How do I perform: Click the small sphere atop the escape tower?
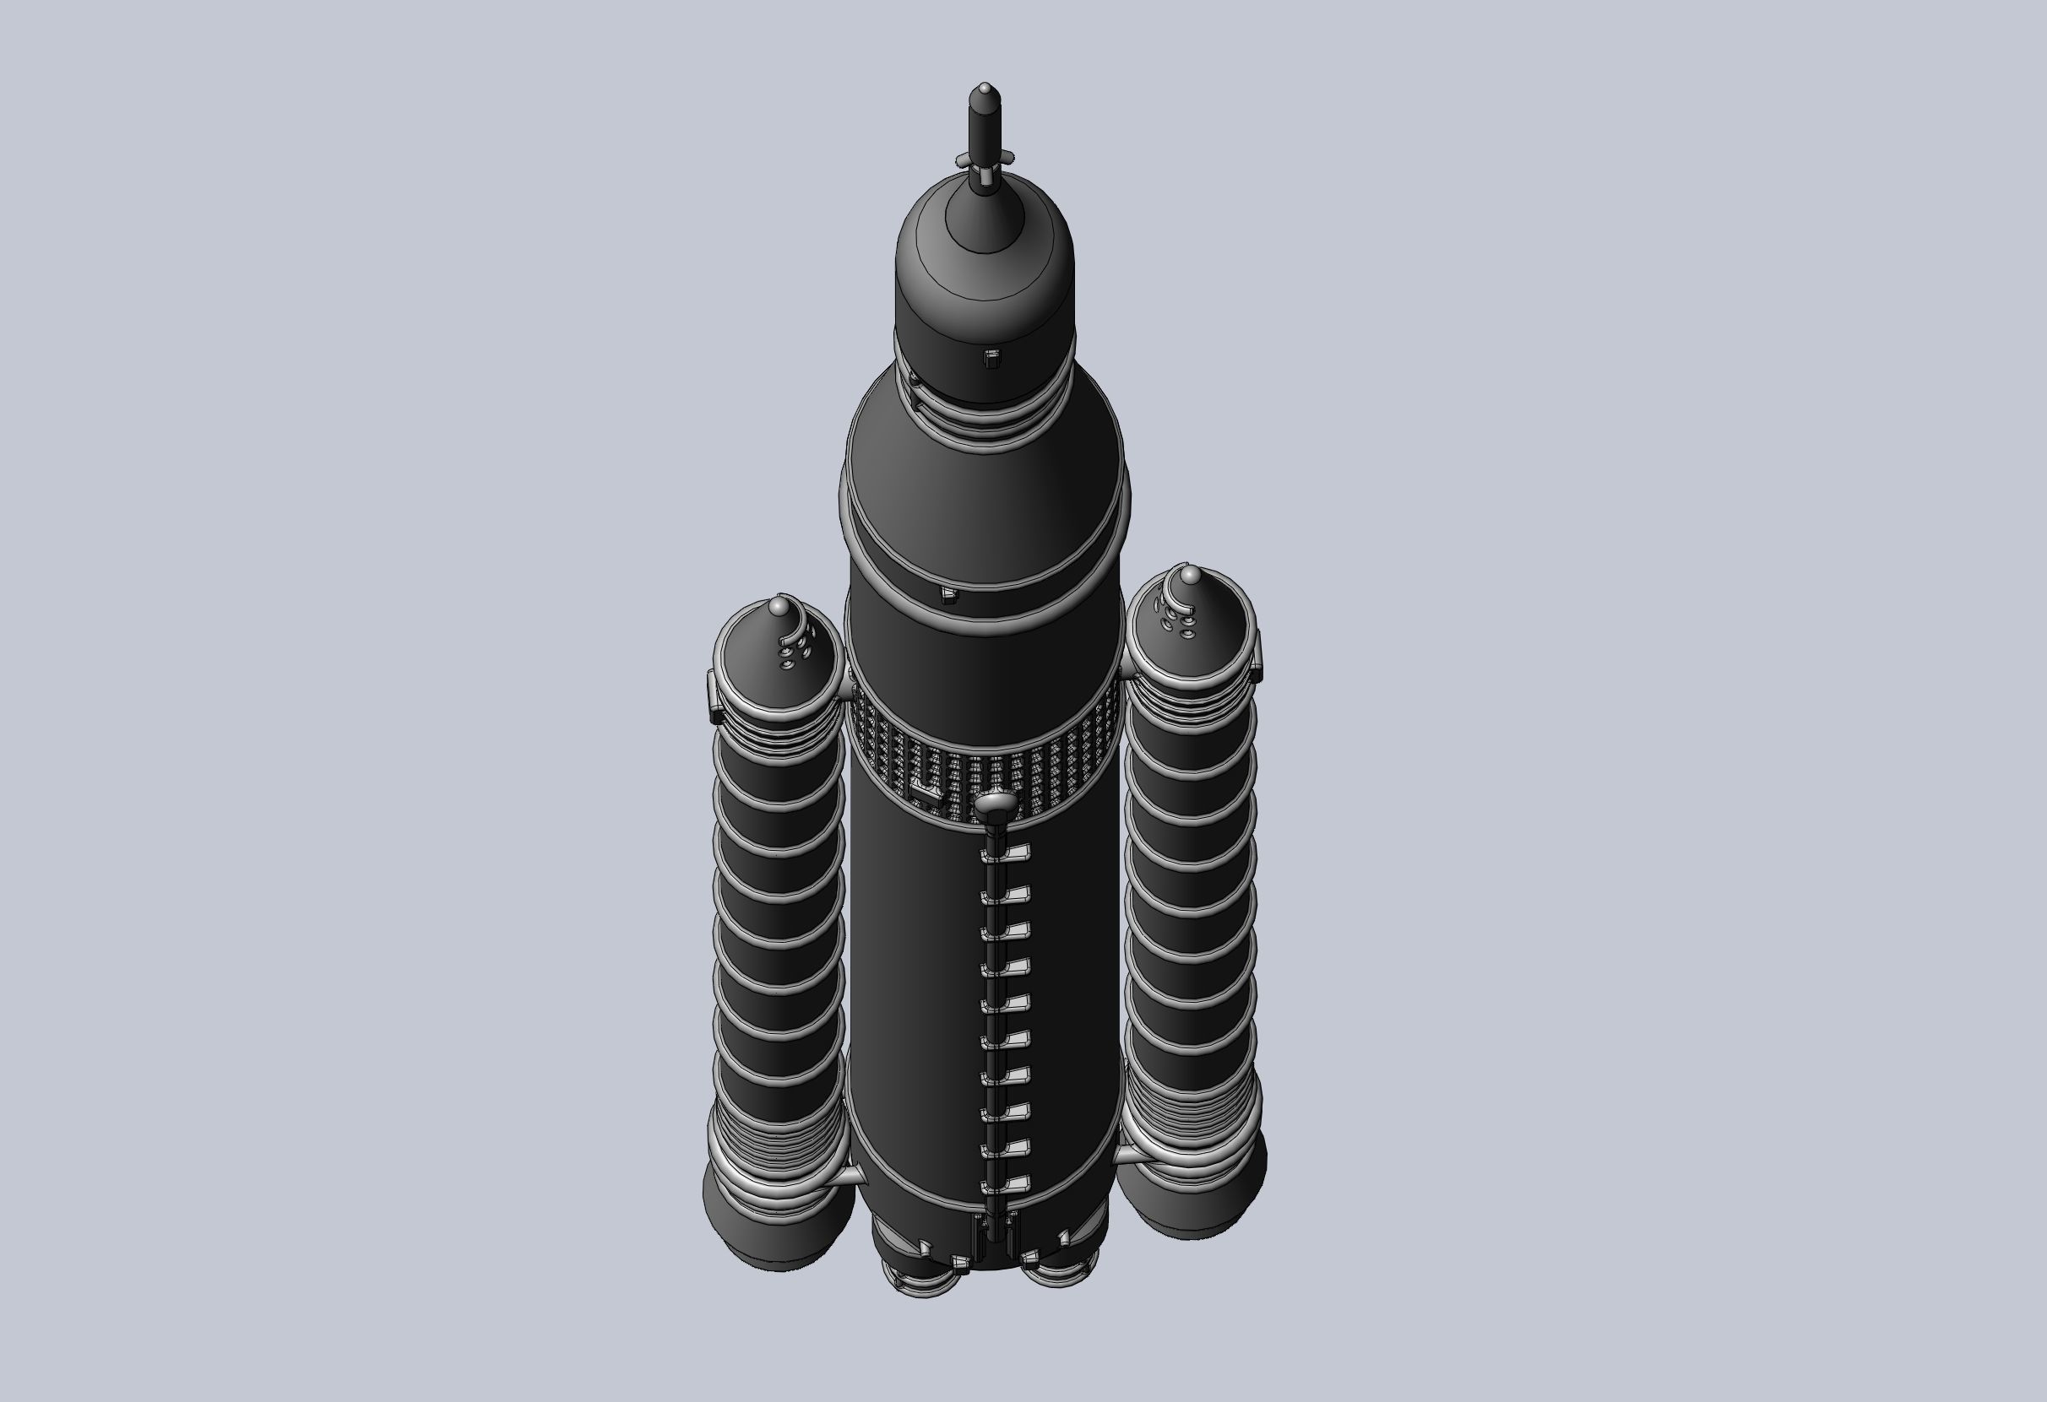[985, 87]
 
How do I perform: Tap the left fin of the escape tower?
[963, 160]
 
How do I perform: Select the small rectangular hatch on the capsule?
[991, 358]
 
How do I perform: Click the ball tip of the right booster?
[1189, 576]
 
